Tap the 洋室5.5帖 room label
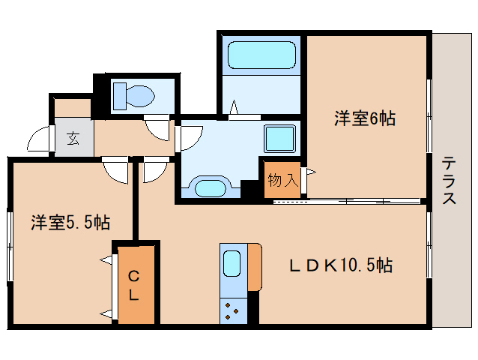(x=70, y=222)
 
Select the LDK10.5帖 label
(x=342, y=265)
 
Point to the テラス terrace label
(x=450, y=180)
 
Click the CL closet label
(x=133, y=285)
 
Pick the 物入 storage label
(x=283, y=179)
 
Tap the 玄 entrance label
(x=73, y=138)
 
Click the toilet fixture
(x=133, y=95)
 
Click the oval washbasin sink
(x=209, y=187)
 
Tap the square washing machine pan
(x=279, y=139)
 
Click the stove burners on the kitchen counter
(x=232, y=308)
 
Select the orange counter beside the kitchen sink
(x=255, y=267)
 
